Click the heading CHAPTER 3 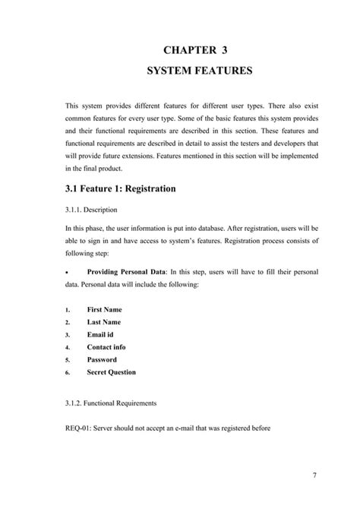194,50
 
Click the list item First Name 105,309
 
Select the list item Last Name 104,322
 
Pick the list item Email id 101,334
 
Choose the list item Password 102,359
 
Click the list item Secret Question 112,372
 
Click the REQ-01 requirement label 79,426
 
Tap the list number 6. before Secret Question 67,373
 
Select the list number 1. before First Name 67,310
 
